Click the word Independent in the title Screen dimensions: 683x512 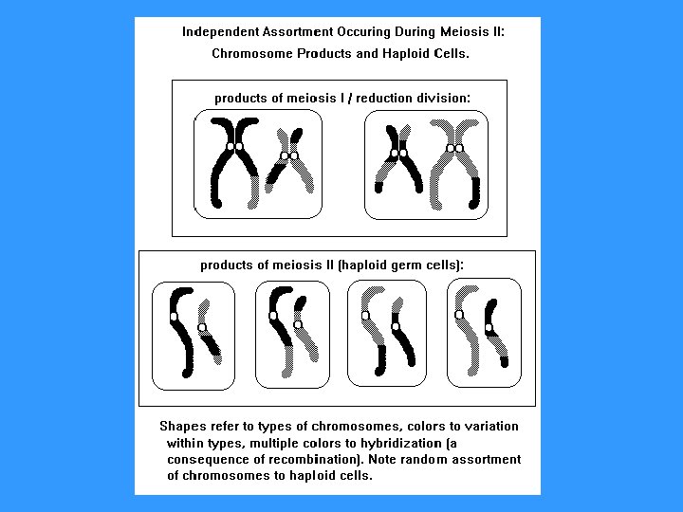click(x=218, y=31)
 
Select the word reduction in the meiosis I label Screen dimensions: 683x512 click(x=389, y=98)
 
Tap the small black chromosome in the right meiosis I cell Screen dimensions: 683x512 click(x=399, y=156)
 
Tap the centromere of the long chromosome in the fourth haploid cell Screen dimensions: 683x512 click(x=459, y=314)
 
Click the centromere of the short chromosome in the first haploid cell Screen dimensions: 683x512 click(x=201, y=328)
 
